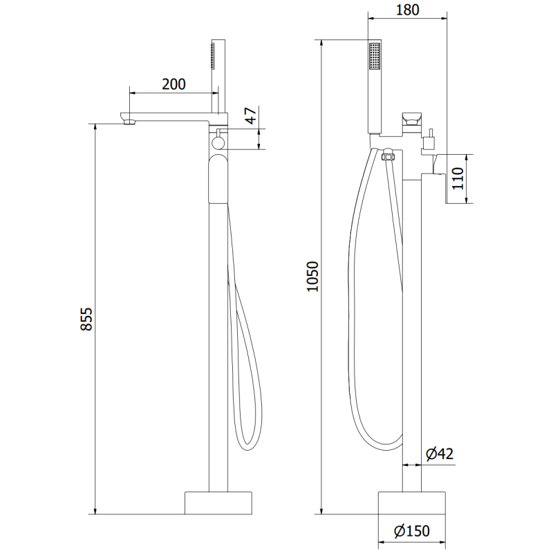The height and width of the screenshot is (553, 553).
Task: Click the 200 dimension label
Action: tap(174, 84)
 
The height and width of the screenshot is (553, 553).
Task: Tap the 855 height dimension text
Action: tap(86, 319)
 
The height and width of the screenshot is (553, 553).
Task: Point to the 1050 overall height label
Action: tap(312, 277)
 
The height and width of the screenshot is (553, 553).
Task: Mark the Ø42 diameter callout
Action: tap(439, 453)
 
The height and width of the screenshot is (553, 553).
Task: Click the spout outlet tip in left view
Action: tap(129, 123)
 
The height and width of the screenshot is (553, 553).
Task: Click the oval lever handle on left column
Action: tap(218, 178)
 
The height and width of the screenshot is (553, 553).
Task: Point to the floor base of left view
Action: tap(218, 503)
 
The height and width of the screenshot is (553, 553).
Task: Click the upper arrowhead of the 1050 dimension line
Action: tap(323, 41)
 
